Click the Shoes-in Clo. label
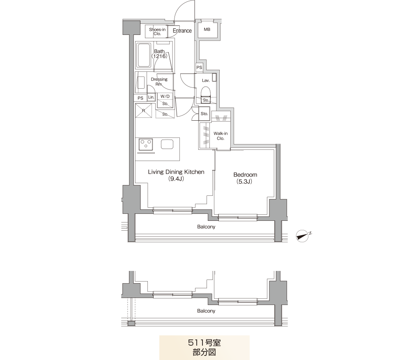[x=157, y=32]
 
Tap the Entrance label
[x=182, y=30]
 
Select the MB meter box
[x=207, y=30]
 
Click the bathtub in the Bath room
[x=143, y=55]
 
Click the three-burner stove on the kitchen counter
[x=145, y=144]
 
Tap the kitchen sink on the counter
[x=167, y=144]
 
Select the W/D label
[x=165, y=96]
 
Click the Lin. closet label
[x=151, y=97]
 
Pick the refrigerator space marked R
[x=143, y=111]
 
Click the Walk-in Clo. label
[x=221, y=136]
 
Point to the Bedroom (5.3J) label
[x=245, y=178]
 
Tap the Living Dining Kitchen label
[x=176, y=175]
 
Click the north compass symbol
[x=303, y=236]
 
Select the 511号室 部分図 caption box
[x=204, y=348]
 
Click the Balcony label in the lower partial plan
[x=206, y=311]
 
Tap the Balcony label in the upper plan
[x=206, y=227]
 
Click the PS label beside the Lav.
[x=199, y=67]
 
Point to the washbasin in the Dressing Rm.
[x=141, y=83]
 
